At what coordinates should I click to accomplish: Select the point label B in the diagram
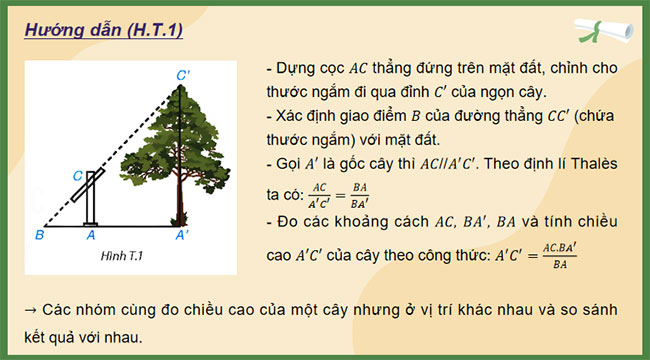38,235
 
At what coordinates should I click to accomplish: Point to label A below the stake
91,235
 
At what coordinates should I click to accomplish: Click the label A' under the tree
182,235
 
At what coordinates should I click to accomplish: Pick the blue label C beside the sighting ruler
77,175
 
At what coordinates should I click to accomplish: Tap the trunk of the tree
180,205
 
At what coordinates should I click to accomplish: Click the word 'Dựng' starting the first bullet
295,69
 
